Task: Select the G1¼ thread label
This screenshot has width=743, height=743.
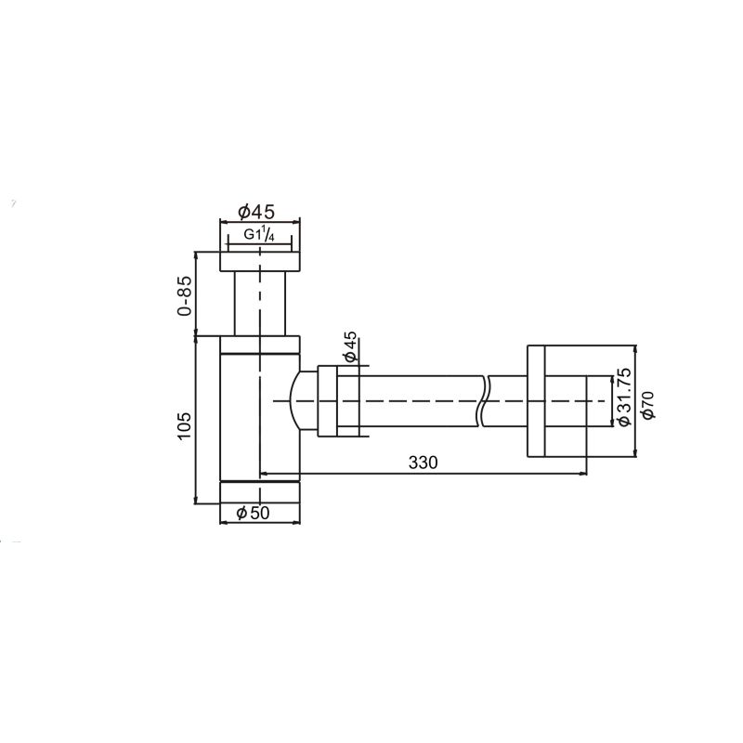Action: click(259, 236)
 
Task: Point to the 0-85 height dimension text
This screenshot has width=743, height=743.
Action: click(186, 294)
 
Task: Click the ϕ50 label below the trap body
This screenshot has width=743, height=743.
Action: click(257, 513)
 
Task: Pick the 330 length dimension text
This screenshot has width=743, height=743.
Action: click(421, 462)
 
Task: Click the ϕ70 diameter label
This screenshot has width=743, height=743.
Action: click(649, 405)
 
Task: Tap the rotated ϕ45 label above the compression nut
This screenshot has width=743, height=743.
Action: click(350, 346)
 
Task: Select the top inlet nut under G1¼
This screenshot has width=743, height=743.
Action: click(260, 260)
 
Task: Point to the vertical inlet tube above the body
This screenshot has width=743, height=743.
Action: click(260, 302)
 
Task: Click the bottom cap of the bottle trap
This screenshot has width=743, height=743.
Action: click(260, 491)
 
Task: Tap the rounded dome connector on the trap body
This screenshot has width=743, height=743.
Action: click(303, 401)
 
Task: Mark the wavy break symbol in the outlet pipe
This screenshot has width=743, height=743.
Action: click(484, 401)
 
